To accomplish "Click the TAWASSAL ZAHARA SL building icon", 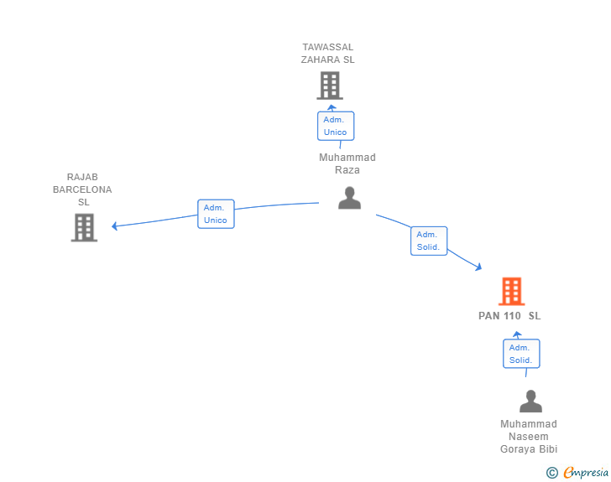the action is pyautogui.click(x=330, y=86).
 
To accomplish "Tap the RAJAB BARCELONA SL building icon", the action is pyautogui.click(x=84, y=227).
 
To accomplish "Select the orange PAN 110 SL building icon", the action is pyautogui.click(x=512, y=291).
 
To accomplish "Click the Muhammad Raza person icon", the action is pyautogui.click(x=349, y=198).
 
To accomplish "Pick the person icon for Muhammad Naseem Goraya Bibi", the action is pyautogui.click(x=530, y=401).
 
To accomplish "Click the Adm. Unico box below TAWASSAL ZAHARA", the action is pyautogui.click(x=336, y=126).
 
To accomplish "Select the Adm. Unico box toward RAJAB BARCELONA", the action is pyautogui.click(x=216, y=214).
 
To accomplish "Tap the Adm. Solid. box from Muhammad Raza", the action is pyautogui.click(x=429, y=241).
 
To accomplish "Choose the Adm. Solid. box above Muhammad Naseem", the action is pyautogui.click(x=521, y=354).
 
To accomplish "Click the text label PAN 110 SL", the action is pyautogui.click(x=509, y=316).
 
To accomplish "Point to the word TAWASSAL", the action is pyautogui.click(x=327, y=47).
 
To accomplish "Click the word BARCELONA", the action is pyautogui.click(x=82, y=189).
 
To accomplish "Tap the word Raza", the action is pyautogui.click(x=347, y=170).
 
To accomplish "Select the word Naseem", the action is pyautogui.click(x=529, y=437).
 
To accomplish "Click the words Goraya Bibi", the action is pyautogui.click(x=529, y=449).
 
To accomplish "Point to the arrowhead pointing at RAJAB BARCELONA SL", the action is pyautogui.click(x=114, y=225).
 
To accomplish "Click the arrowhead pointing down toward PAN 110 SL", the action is pyautogui.click(x=478, y=267).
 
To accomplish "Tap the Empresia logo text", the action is pyautogui.click(x=586, y=472).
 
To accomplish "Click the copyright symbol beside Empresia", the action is pyautogui.click(x=552, y=473).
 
